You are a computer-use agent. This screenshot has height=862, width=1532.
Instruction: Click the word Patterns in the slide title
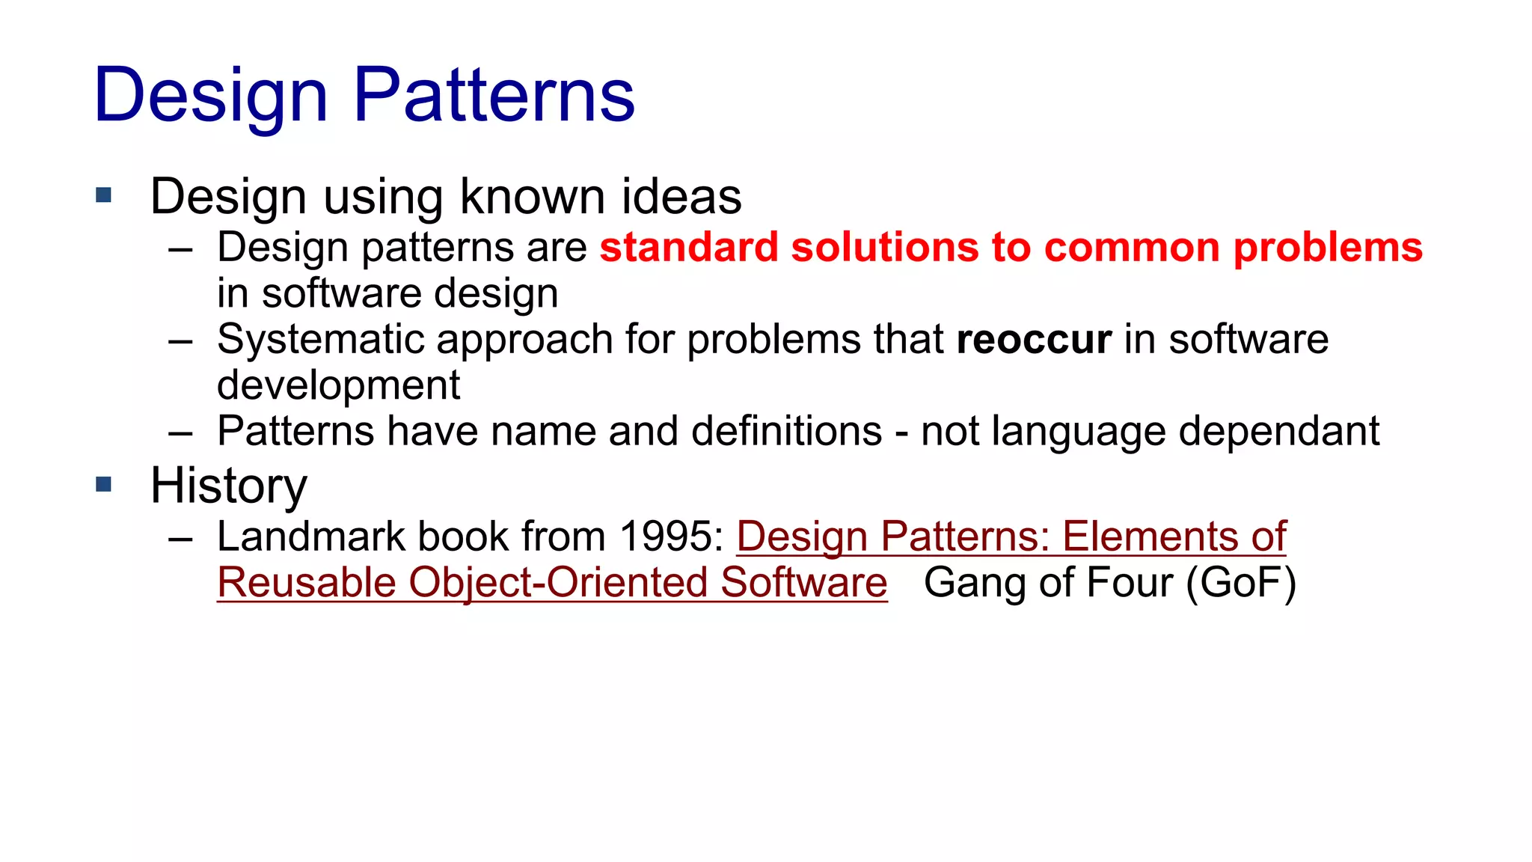494,95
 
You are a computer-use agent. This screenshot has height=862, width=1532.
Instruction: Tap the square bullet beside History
104,484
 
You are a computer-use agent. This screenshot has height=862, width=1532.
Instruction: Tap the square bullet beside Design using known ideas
104,196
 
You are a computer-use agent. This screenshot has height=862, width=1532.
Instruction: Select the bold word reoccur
1034,340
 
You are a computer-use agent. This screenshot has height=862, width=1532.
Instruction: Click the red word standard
689,248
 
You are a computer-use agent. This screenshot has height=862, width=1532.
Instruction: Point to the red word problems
1327,248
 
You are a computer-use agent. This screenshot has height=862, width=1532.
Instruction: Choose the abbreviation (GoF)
1241,583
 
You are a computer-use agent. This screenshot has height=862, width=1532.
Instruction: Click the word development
338,386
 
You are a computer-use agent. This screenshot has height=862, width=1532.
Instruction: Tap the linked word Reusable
307,583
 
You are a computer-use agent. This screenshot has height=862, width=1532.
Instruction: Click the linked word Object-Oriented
557,583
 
